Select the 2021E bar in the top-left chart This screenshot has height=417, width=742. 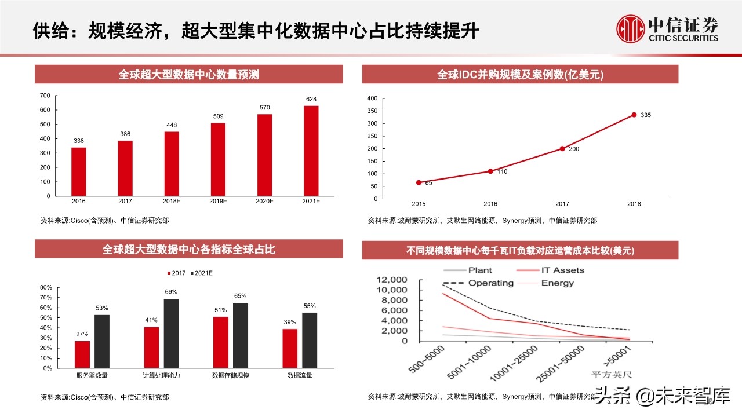coord(311,151)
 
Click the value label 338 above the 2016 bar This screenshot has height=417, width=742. coord(79,141)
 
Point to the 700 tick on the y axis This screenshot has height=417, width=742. coord(45,96)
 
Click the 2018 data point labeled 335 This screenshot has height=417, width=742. coord(634,115)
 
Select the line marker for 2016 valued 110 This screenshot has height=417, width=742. coord(490,171)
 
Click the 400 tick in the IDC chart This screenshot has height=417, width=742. coord(372,98)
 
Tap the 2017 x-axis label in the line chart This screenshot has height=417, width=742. coord(562,204)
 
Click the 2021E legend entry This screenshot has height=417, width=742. coord(201,273)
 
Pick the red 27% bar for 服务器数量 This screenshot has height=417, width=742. coord(82,354)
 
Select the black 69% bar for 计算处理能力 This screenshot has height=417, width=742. coord(171,333)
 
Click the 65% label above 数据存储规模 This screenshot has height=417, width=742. coord(240,296)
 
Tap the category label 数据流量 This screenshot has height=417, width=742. coord(300,376)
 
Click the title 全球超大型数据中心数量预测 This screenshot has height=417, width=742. coord(189,75)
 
